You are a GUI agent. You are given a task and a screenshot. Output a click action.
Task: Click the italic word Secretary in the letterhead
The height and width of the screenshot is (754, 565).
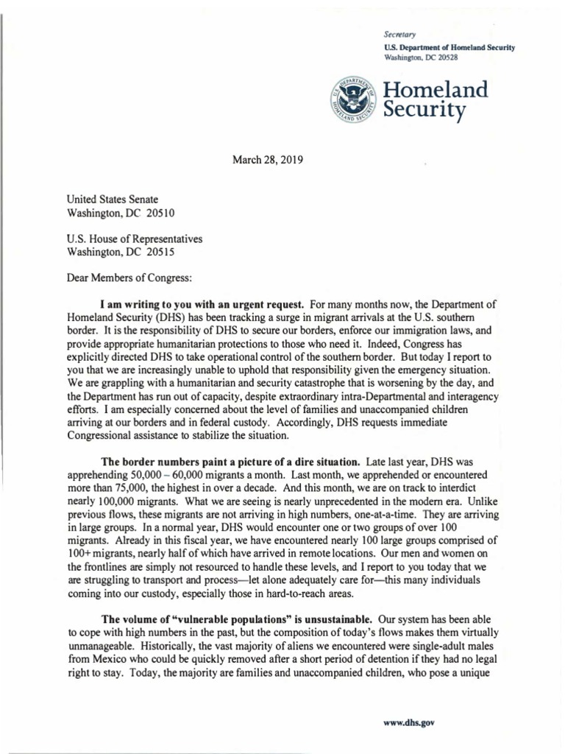(399, 35)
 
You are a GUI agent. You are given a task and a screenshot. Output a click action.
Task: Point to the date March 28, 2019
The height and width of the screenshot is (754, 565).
(268, 159)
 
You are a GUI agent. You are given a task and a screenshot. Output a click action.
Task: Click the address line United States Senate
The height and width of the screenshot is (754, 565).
(112, 200)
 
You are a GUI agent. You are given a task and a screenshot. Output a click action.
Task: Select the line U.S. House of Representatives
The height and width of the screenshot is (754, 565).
(135, 239)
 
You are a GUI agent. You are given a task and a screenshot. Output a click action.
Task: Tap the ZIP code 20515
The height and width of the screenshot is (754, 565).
(161, 252)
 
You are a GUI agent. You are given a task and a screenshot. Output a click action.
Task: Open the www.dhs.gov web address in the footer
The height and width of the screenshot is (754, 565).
(409, 722)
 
